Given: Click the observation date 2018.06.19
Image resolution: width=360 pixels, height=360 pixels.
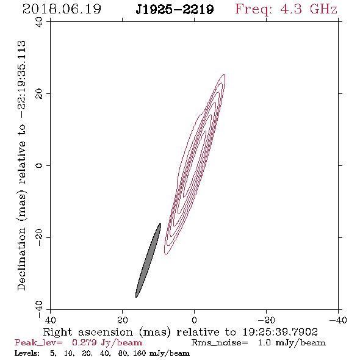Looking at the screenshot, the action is (62, 9).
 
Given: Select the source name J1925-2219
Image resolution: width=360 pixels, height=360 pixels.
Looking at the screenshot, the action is (175, 9).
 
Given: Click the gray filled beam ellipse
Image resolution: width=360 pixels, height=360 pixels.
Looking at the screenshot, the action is (148, 261).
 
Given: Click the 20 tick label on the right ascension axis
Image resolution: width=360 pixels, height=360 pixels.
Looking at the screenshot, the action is (122, 320).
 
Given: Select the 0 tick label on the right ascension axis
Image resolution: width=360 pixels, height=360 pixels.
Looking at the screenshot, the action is (194, 320).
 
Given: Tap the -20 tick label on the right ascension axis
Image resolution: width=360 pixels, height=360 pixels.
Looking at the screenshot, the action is (266, 320).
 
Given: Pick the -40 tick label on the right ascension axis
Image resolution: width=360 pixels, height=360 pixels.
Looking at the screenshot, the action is (338, 320).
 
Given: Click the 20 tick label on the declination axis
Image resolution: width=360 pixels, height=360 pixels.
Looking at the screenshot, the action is (39, 94).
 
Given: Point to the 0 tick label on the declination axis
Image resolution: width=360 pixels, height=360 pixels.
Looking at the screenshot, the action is (39, 165).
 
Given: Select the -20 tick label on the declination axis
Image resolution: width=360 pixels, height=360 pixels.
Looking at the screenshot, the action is (39, 237).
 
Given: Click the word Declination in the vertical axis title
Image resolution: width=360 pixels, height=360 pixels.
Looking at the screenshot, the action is (21, 259).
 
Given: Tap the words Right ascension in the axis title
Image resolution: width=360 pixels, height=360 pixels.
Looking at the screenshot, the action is (88, 332).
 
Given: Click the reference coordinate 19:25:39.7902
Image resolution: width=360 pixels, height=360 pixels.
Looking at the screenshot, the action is (280, 332).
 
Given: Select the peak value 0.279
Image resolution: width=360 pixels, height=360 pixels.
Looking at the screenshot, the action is (84, 342).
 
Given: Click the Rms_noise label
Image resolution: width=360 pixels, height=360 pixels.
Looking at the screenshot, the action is (220, 343).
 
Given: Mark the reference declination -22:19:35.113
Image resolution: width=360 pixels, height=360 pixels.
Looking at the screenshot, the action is (22, 80).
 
